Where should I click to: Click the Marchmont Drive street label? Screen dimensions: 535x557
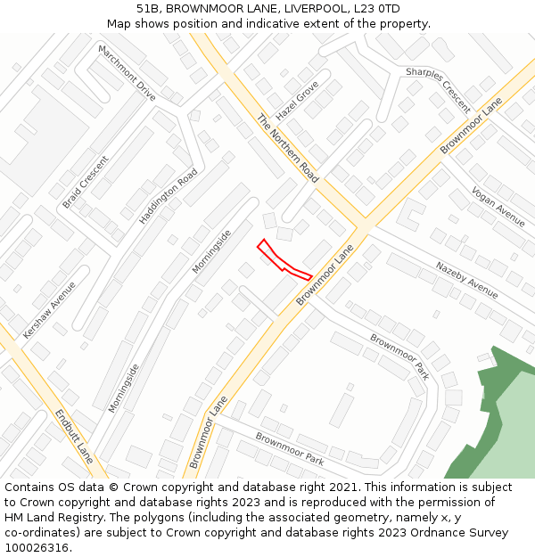coord(127,72)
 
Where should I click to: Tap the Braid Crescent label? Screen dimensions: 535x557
coord(86,183)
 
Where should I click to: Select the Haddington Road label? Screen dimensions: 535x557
coord(169,196)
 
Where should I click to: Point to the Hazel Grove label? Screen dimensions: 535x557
coord(297,101)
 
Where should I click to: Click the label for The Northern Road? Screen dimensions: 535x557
coord(287,148)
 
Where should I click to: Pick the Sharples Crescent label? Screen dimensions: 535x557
coord(438,90)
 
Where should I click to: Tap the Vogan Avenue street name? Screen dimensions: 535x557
coord(498,207)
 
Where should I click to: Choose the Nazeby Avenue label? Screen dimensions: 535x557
coord(466,279)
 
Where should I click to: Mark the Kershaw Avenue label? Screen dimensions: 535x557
coord(50,309)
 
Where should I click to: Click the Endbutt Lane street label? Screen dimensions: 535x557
coord(73,436)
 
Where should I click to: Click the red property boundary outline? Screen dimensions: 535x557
coord(284,261)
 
